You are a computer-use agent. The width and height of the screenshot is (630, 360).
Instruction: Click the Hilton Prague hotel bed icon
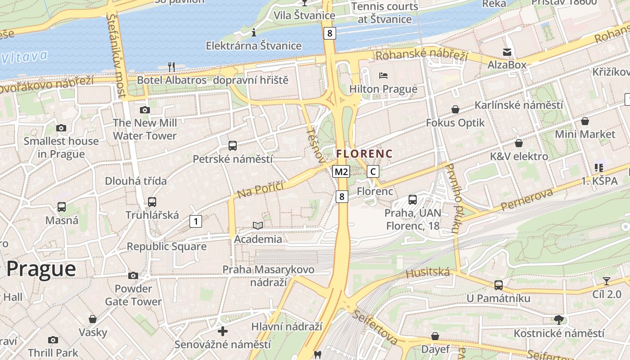tap(383, 75)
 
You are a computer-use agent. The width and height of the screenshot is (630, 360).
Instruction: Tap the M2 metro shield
tap(341, 171)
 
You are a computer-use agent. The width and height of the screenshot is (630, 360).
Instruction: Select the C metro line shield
tap(373, 171)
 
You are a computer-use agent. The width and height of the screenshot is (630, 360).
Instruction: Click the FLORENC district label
tap(364, 153)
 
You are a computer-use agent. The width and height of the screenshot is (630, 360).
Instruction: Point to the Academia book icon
tap(258, 225)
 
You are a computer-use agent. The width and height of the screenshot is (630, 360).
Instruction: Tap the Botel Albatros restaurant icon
tap(171, 67)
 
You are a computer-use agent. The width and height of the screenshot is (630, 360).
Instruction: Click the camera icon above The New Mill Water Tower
tap(144, 110)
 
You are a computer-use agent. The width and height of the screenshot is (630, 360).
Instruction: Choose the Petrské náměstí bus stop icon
tap(233, 145)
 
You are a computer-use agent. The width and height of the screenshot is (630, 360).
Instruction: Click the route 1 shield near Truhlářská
tap(196, 221)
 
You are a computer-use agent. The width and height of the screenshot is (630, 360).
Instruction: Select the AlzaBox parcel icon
tap(507, 52)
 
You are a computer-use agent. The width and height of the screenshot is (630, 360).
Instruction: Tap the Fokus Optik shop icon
tap(455, 109)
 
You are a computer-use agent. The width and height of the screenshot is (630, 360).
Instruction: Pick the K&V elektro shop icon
tap(519, 143)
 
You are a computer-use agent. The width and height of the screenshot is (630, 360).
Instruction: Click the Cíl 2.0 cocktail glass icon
tap(607, 281)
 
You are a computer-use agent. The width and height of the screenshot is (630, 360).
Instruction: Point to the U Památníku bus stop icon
tap(498, 285)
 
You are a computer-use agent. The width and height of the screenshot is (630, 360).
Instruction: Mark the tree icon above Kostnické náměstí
tap(559, 320)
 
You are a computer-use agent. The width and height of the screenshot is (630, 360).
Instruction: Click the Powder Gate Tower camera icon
tap(133, 275)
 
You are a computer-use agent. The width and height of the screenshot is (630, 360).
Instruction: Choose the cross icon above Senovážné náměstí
tap(223, 332)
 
